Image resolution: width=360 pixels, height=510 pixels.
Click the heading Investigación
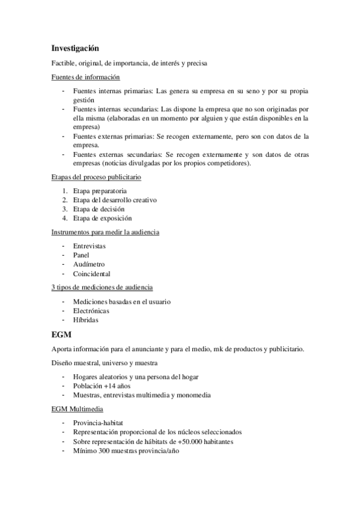(75, 48)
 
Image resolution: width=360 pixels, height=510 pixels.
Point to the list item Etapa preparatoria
(99, 191)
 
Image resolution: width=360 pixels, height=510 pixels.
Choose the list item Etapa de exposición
(102, 218)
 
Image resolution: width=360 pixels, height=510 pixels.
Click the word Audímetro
(88, 264)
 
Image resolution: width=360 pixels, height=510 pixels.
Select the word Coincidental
(91, 274)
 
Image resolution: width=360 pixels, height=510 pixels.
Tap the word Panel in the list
(81, 255)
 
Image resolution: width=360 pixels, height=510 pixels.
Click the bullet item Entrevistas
(89, 246)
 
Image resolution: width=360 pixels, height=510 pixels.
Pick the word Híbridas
(86, 320)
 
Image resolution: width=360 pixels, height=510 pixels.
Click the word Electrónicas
(91, 311)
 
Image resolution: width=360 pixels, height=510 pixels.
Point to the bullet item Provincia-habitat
(98, 423)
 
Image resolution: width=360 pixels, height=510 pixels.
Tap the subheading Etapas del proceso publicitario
(96, 177)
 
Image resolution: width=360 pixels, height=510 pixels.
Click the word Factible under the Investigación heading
(64, 63)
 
